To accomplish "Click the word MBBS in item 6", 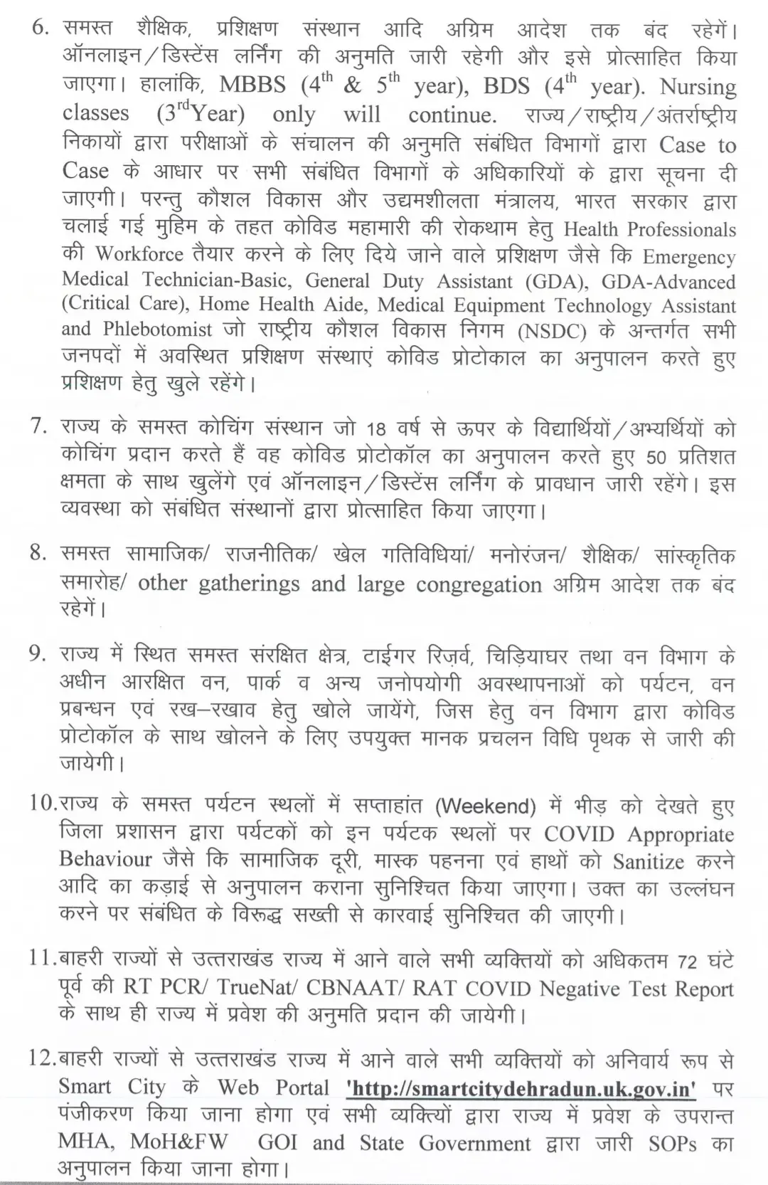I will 252,85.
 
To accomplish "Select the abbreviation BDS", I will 506,85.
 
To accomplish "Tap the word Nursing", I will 697,86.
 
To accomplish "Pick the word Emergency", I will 689,256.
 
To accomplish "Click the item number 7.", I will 39,426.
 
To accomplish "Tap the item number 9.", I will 38,654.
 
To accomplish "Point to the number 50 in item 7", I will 656,457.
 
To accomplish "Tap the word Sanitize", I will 648,861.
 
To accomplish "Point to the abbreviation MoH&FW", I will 178,1142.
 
